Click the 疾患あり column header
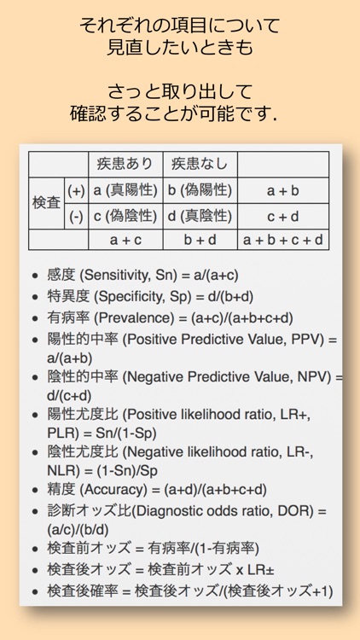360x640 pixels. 125,164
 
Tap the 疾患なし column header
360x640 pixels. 200,164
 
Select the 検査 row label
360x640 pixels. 46,203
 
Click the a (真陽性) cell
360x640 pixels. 125,190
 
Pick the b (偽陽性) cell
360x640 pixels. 200,190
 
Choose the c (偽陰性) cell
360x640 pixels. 125,217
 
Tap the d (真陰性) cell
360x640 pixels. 200,217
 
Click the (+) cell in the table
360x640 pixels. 76,190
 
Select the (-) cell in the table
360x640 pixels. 76,217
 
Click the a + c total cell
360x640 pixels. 125,240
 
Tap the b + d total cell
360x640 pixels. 200,240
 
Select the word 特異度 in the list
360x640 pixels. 67,297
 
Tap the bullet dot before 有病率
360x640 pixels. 34,319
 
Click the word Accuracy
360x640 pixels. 123,489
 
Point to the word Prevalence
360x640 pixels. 126,318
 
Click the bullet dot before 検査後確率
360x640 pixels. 34,591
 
